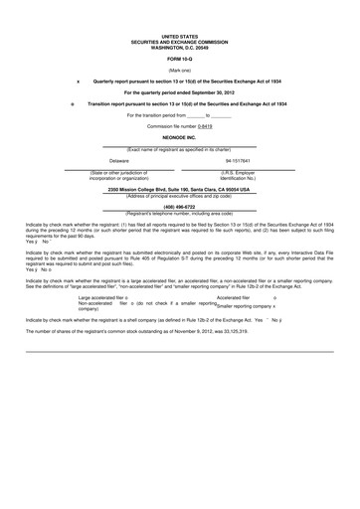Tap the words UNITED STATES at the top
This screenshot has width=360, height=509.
180,33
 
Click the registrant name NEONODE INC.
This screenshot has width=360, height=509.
180,139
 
